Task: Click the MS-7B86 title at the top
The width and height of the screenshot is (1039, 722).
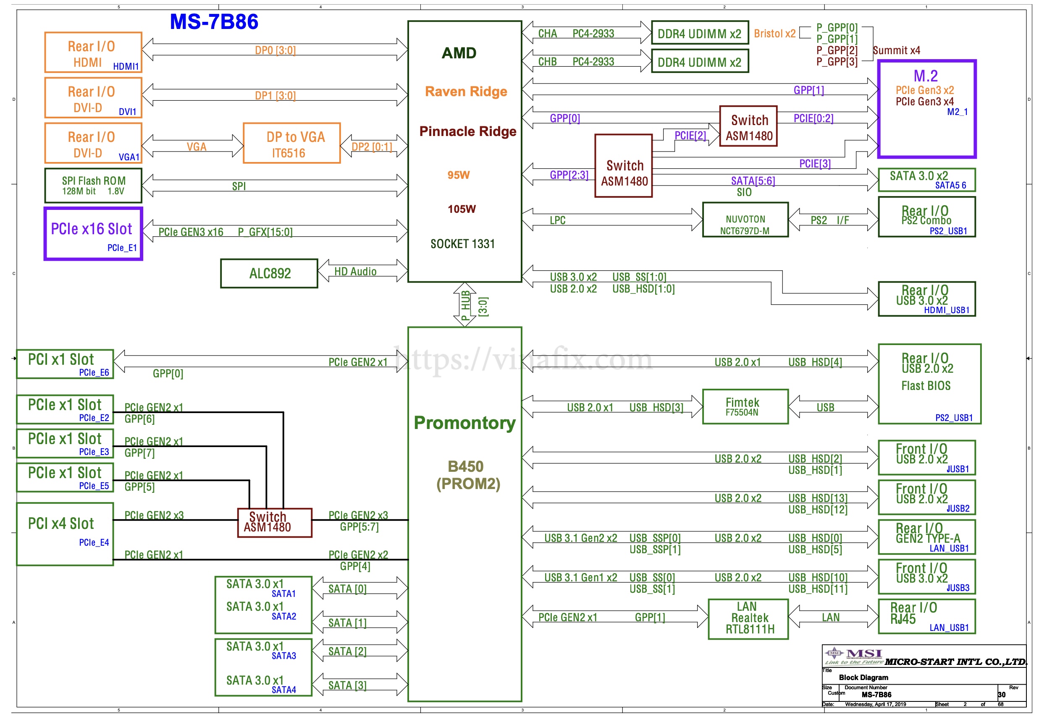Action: tap(214, 22)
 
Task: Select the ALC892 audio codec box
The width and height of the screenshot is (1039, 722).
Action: tap(269, 273)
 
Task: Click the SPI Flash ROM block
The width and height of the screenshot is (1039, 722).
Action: tap(93, 186)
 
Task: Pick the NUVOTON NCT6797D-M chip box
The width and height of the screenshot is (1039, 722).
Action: tap(745, 220)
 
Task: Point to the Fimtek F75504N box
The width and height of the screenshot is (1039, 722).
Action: tap(745, 407)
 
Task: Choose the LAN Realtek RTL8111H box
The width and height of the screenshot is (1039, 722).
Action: tap(748, 618)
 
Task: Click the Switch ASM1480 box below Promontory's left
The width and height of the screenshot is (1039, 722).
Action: tap(275, 523)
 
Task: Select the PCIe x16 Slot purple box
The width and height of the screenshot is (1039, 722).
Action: tap(93, 234)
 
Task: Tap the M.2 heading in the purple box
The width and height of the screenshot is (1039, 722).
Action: tap(926, 76)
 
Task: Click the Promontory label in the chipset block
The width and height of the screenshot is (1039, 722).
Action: tap(465, 423)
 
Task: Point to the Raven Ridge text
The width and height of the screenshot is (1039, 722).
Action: tap(466, 92)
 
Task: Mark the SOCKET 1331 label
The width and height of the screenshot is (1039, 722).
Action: tap(462, 244)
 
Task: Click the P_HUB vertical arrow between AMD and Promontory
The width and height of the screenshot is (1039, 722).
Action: tap(465, 304)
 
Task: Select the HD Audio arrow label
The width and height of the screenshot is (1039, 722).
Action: tap(355, 272)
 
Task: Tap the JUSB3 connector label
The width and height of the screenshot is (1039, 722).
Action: tap(958, 588)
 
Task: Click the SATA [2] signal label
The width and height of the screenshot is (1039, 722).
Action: tap(347, 651)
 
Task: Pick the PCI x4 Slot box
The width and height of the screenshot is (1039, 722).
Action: tap(65, 534)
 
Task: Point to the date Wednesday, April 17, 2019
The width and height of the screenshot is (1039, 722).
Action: tap(875, 704)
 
